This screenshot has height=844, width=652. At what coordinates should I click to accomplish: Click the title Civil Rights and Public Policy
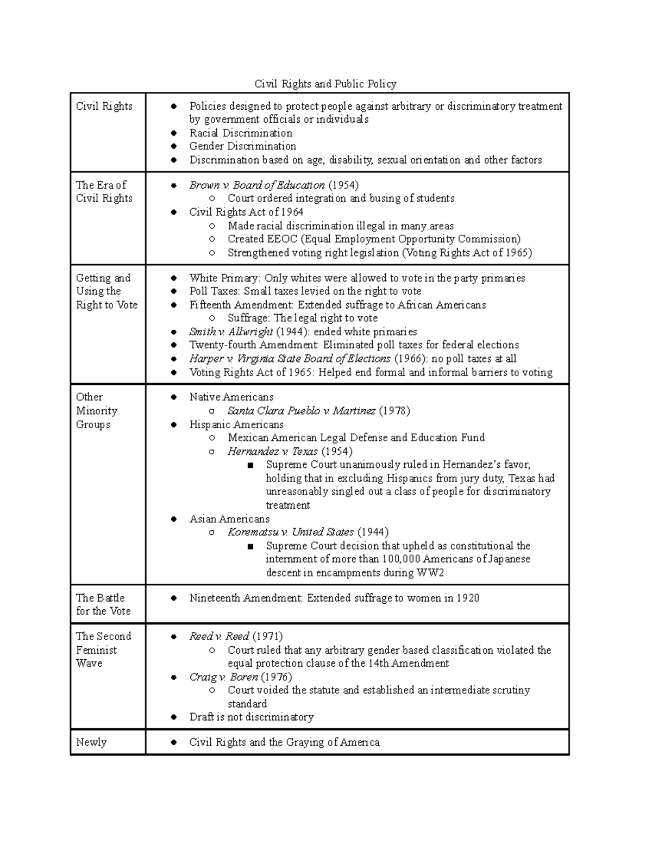[325, 84]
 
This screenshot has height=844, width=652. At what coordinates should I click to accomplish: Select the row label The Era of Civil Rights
[104, 191]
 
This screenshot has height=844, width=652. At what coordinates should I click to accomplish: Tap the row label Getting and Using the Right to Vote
[106, 291]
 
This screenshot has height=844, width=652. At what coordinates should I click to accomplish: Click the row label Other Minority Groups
[97, 411]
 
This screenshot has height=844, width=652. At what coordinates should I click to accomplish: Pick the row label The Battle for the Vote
[103, 604]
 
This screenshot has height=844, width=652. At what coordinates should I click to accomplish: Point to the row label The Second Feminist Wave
[103, 649]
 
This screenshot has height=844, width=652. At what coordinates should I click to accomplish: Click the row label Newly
[91, 742]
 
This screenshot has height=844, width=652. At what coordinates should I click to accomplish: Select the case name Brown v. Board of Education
[256, 185]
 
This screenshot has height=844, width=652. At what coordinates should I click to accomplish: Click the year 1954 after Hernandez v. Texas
[337, 452]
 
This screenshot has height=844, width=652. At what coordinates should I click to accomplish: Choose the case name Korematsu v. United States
[291, 532]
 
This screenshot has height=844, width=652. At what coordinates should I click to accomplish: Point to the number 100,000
[401, 559]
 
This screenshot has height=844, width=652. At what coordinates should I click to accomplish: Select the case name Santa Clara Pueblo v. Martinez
[302, 411]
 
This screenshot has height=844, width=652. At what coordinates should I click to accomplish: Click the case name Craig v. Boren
[223, 677]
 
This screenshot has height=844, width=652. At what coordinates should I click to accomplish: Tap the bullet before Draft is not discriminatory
[174, 717]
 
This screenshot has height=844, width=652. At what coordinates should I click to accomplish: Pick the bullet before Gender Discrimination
[174, 147]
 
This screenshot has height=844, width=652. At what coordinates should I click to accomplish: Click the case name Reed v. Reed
[219, 636]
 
